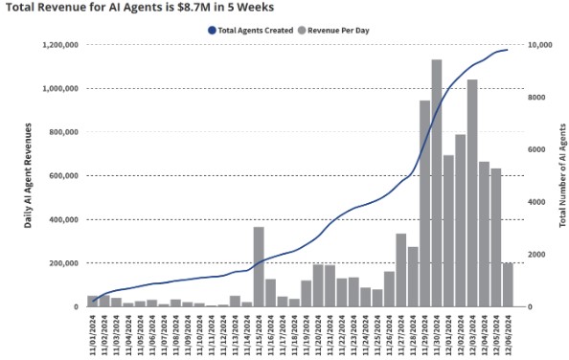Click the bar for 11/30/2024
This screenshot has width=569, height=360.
pyautogui.click(x=437, y=183)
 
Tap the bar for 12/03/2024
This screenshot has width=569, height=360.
pyautogui.click(x=472, y=192)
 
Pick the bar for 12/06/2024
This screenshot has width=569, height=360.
pyautogui.click(x=508, y=284)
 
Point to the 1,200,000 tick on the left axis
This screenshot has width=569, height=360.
pyautogui.click(x=60, y=45)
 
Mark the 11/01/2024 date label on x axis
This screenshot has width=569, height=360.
pyautogui.click(x=93, y=330)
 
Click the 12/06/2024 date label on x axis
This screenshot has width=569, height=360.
pyautogui.click(x=509, y=330)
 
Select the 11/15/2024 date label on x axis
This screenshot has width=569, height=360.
pyautogui.click(x=260, y=330)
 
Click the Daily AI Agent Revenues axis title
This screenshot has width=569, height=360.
pyautogui.click(x=29, y=175)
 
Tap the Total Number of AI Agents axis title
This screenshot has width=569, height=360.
pyautogui.click(x=562, y=175)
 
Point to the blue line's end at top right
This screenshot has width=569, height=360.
pyautogui.click(x=507, y=50)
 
